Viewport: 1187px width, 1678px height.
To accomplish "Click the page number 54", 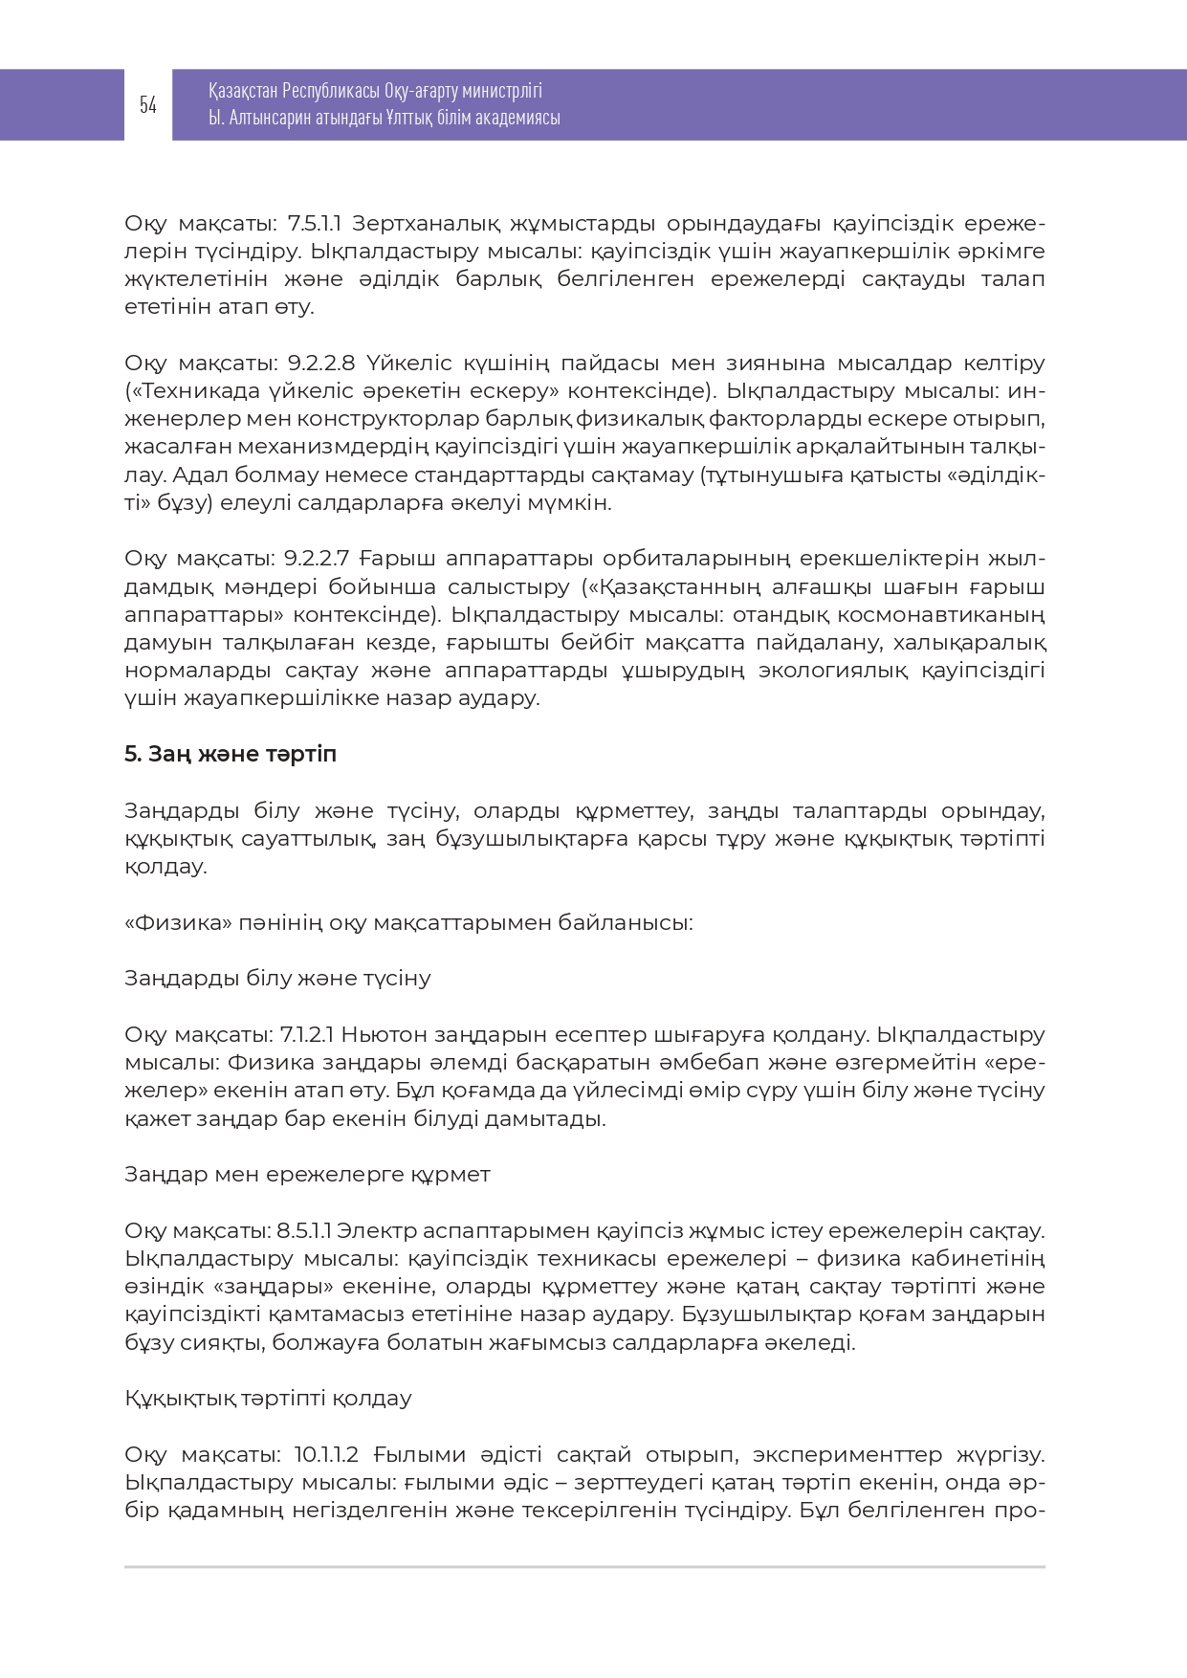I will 147,105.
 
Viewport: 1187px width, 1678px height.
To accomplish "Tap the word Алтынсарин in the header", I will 272,118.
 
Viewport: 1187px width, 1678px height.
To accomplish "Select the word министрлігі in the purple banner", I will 501,91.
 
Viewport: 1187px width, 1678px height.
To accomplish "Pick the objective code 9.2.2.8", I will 321,364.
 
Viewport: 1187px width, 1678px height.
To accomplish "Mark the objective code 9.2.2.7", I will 319,559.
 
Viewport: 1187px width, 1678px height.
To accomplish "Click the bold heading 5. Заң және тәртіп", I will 231,755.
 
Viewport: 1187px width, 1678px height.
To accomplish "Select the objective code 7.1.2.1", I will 306,1035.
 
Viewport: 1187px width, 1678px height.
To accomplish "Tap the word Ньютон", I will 385,1035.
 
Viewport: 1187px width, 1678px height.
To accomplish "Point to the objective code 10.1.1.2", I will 326,1455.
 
